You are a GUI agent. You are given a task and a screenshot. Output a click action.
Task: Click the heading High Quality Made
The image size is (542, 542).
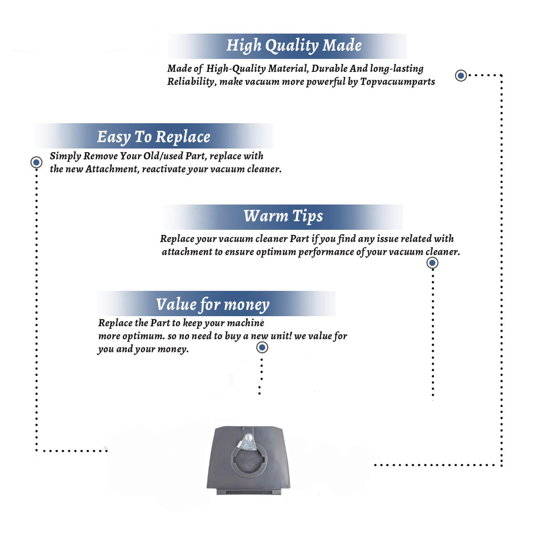(294, 46)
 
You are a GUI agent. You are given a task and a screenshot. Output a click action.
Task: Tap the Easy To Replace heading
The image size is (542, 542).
(154, 137)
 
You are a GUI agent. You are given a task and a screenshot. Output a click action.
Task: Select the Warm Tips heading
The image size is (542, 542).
(283, 216)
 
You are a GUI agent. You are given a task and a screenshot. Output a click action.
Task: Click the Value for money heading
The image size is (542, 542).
(213, 305)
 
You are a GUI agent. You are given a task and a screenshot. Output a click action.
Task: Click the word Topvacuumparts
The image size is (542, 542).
(397, 82)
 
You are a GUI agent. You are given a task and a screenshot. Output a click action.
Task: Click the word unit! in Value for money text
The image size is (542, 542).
(281, 336)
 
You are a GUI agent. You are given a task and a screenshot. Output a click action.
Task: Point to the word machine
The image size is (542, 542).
(246, 323)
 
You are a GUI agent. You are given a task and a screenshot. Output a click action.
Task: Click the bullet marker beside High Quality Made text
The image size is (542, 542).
(461, 75)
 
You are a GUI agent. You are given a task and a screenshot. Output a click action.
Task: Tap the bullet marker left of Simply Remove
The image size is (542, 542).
(36, 162)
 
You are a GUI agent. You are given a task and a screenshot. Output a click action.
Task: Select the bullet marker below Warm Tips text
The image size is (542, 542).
(432, 263)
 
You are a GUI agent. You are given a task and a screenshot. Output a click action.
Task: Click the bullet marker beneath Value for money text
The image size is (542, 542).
(262, 347)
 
